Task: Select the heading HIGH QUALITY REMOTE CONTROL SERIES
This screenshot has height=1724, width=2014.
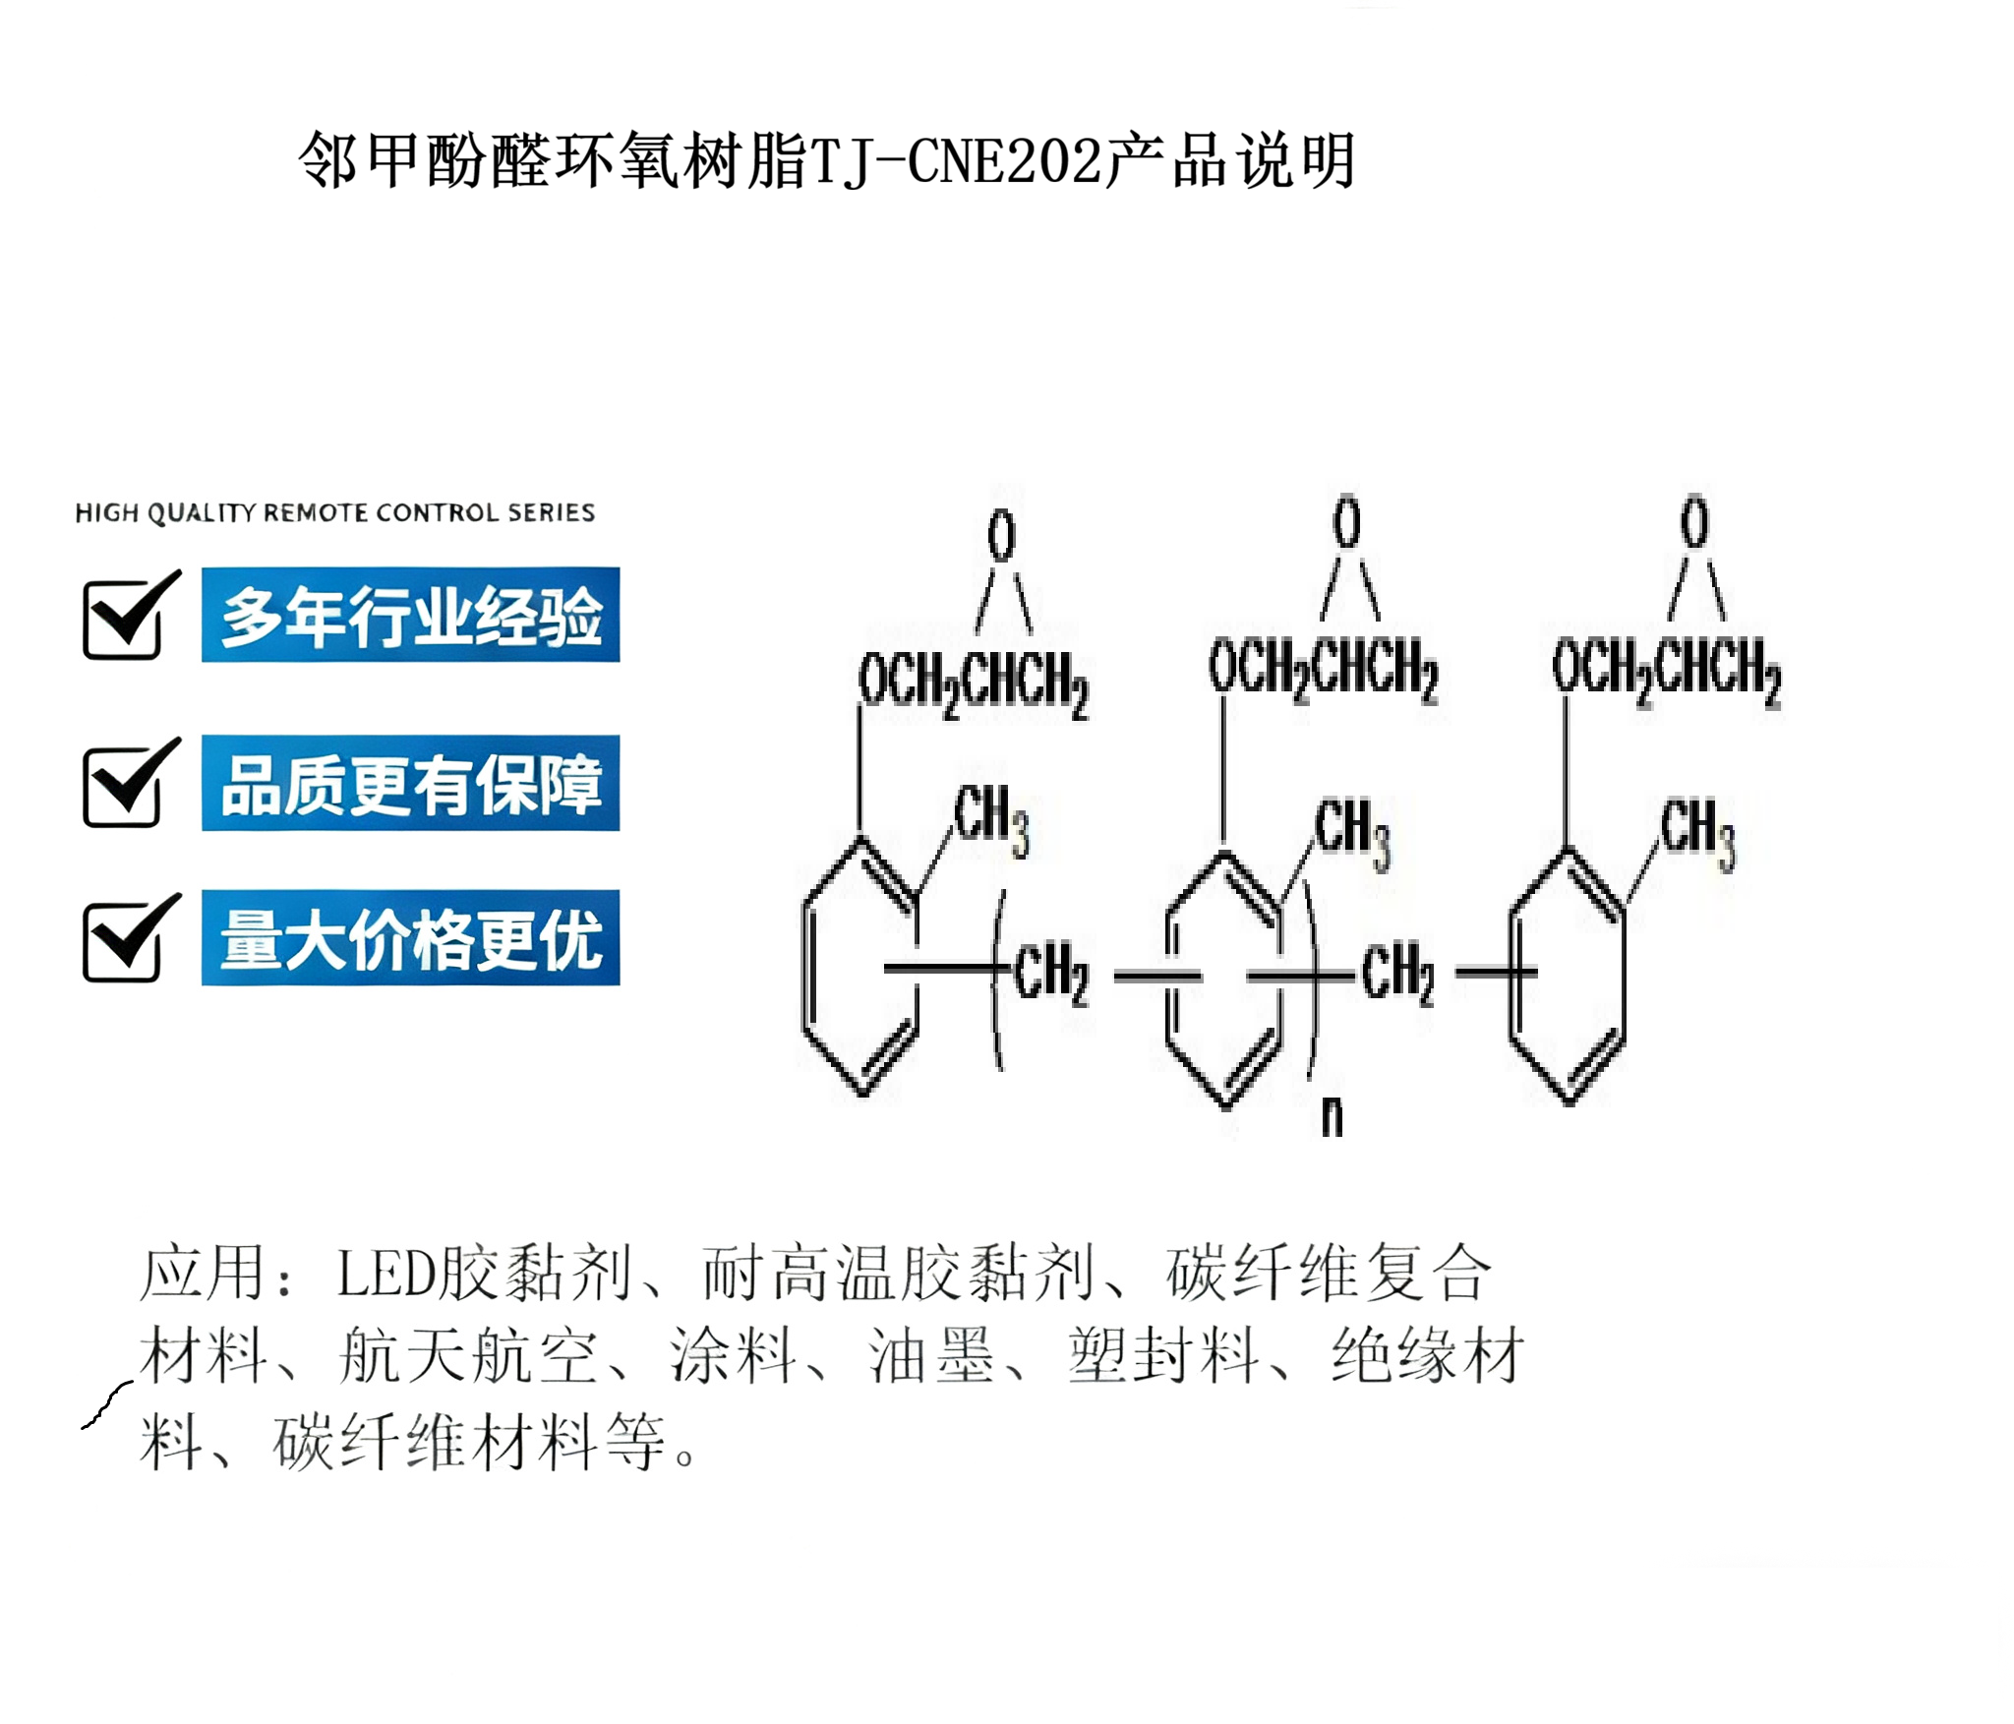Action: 335,512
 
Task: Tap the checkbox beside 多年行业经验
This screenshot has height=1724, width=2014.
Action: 131,616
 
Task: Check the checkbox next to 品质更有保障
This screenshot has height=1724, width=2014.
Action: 131,783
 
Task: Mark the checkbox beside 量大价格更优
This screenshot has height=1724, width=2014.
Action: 131,938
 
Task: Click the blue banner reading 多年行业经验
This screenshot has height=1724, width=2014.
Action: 410,615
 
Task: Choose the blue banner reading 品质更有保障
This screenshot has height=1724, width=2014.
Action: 410,783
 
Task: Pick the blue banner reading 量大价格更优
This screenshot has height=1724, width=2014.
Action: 410,937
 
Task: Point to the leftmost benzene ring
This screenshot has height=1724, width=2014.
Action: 861,966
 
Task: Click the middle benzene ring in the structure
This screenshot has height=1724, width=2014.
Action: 1224,979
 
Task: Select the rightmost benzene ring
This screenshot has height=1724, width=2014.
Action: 1568,976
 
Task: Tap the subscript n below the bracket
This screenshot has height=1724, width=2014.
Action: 1332,1116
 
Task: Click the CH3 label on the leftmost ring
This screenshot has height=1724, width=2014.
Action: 991,819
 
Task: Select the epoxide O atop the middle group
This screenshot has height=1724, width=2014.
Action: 1347,521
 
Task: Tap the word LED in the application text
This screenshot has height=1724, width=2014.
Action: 386,1274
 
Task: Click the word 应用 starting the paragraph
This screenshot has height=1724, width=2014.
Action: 202,1273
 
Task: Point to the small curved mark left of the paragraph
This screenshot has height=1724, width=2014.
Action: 106,1404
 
